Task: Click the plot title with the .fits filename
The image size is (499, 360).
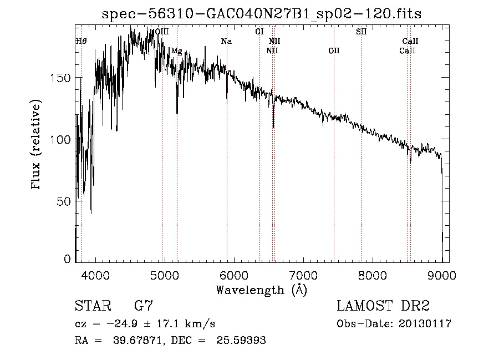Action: tap(262, 14)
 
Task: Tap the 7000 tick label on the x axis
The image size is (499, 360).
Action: tap(303, 275)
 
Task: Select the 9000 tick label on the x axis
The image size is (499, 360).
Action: tap(442, 275)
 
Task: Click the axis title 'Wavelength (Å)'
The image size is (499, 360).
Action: tap(261, 290)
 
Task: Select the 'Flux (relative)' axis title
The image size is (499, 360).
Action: tap(37, 145)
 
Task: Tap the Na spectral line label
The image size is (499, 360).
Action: tap(226, 42)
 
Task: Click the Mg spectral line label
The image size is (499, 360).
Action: tap(176, 51)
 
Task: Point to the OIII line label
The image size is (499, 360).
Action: tap(162, 32)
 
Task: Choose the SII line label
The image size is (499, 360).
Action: tap(361, 32)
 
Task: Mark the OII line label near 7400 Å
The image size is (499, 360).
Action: tap(334, 51)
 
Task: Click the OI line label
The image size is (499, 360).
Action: tap(259, 32)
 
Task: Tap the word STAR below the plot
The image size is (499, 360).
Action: tap(93, 306)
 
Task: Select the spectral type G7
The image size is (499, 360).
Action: tap(144, 306)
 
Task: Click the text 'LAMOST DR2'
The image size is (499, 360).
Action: tap(383, 306)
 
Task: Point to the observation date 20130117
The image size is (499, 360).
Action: tap(425, 324)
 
